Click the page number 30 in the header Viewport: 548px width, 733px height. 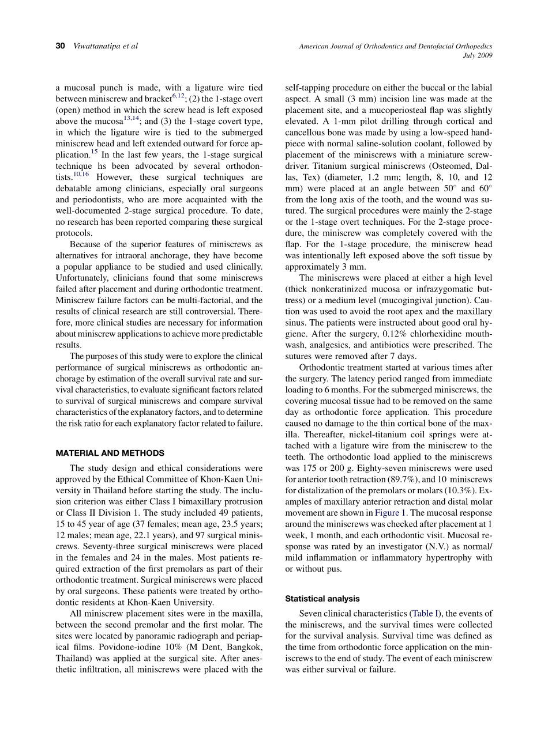pos(60,46)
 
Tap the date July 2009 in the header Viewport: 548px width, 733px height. pos(478,55)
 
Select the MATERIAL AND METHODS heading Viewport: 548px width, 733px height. pos(110,454)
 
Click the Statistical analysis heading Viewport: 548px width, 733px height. pos(322,599)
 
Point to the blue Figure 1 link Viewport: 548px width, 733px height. pos(390,513)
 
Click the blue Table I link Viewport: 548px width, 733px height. pos(426,614)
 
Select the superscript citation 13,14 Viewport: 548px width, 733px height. pos(132,118)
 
